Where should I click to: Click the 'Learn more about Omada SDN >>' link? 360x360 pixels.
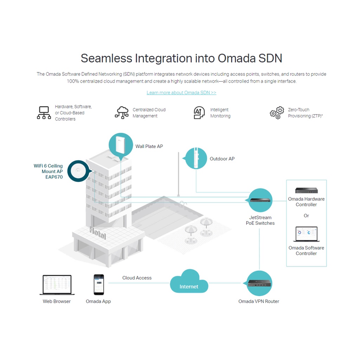181,92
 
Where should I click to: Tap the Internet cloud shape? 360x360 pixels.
189,282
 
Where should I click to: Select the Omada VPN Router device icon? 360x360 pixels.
259,283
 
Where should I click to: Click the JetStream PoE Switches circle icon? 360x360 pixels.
261,200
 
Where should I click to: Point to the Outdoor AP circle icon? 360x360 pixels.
196,158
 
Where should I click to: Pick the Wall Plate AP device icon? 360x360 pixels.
121,145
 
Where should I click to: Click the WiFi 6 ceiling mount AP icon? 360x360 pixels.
78,171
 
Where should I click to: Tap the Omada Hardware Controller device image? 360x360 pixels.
306,191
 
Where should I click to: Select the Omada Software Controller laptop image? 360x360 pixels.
306,234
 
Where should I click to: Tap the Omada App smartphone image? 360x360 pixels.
99,284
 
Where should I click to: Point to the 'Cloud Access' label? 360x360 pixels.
137,278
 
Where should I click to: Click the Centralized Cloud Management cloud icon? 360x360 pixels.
122,112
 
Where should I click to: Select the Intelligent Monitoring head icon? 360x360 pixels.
199,112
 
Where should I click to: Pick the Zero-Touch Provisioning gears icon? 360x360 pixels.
277,112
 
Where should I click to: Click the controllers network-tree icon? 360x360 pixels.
44,112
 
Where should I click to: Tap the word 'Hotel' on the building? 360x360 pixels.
97,233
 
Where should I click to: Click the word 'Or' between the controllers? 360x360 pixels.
306,216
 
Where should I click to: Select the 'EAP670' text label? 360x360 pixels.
54,177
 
